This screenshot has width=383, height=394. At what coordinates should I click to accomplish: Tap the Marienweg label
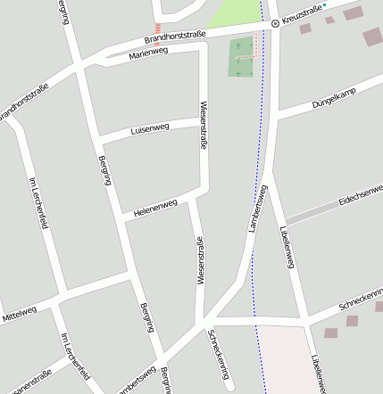click(148, 53)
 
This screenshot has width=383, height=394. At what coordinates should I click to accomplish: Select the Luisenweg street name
click(149, 128)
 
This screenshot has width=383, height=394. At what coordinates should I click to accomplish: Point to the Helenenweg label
click(156, 209)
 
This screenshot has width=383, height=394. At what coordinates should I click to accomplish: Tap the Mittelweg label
click(19, 313)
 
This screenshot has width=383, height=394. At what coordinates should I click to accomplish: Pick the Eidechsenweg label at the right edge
click(361, 195)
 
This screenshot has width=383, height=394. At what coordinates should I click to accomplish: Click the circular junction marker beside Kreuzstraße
click(275, 23)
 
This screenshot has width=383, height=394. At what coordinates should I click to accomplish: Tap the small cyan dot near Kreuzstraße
click(325, 5)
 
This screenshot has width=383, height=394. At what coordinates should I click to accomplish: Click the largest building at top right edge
click(372, 37)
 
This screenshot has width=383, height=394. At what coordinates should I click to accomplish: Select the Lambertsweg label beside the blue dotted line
click(258, 208)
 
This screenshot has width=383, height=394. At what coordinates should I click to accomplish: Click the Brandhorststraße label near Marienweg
click(175, 37)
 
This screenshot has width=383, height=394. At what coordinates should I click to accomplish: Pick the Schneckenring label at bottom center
click(219, 355)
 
